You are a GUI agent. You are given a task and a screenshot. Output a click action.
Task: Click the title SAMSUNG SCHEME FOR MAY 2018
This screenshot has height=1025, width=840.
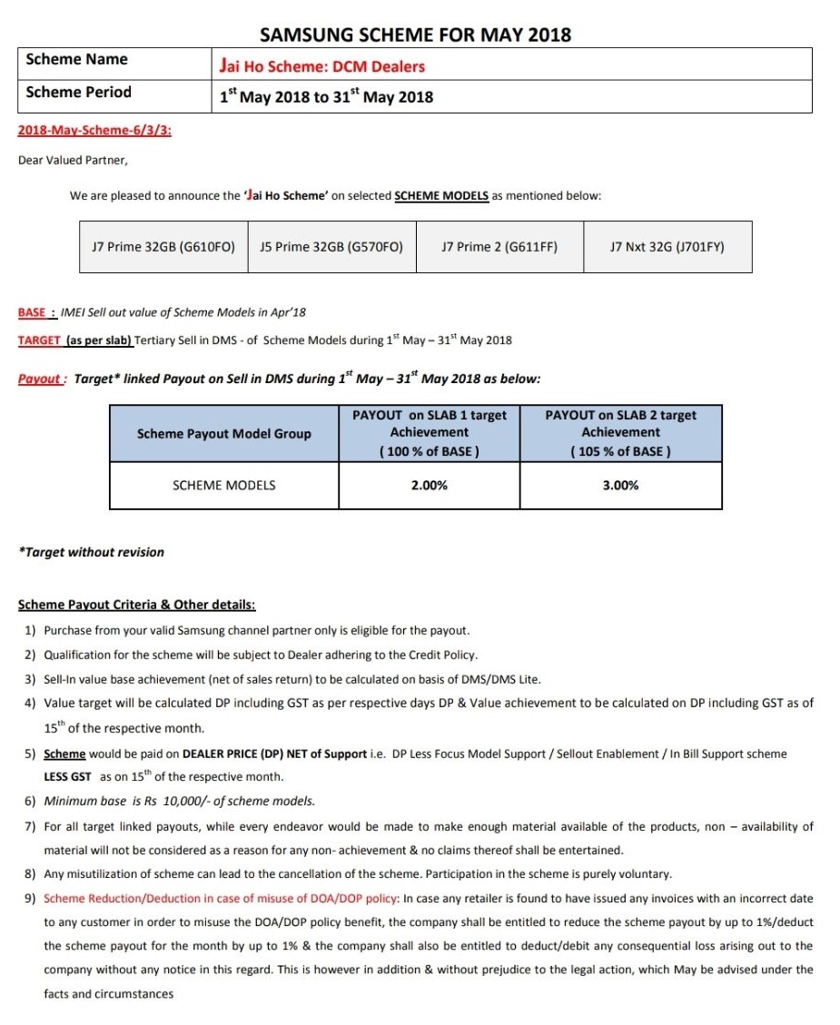point(416,35)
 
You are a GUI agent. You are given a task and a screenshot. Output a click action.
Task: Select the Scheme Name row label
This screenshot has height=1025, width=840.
point(76,60)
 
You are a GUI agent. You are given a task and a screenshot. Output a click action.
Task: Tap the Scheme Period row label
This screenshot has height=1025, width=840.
point(78,93)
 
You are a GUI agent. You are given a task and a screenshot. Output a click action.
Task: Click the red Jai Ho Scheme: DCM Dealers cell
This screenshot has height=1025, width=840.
point(322,66)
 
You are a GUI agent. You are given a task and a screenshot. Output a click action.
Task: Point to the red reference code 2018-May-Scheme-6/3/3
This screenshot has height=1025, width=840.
point(94,131)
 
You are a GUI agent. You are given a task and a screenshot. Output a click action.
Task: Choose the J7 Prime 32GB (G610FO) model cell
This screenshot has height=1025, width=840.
point(163,246)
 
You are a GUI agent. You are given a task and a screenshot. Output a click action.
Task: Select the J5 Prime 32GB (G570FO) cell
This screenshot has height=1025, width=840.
point(331,246)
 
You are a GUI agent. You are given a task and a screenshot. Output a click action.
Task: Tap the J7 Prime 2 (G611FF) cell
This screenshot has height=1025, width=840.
point(499,246)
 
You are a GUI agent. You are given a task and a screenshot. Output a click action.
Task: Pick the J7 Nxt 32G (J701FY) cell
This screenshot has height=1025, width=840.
point(667,246)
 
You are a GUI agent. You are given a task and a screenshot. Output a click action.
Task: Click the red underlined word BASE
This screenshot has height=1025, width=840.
point(33,312)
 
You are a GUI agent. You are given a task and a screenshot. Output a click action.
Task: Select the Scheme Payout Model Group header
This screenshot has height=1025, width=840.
point(223,434)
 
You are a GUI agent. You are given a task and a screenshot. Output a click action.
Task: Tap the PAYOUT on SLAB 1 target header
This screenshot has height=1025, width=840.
point(430,415)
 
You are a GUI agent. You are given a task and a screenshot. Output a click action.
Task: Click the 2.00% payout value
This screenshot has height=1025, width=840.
point(430,486)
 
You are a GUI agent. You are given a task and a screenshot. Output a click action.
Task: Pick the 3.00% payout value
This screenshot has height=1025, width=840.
point(620,486)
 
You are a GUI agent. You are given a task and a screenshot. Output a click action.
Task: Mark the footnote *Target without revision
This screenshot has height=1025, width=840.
point(92,552)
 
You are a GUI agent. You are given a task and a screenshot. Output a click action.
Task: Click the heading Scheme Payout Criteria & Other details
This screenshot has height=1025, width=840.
point(136,605)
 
